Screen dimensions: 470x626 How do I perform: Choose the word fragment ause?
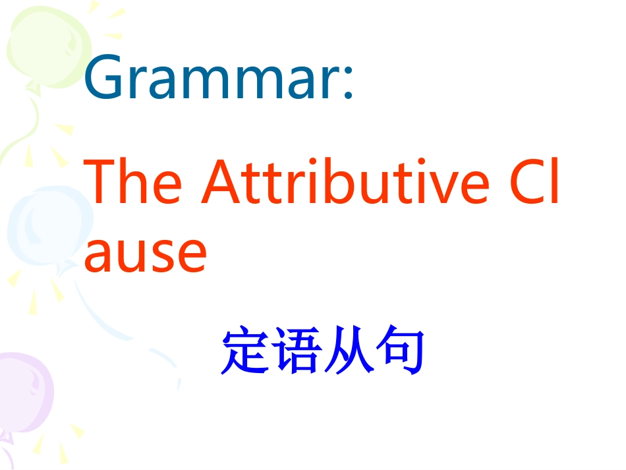(x=145, y=254)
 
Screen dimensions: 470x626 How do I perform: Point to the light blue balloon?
(x=40, y=227)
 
